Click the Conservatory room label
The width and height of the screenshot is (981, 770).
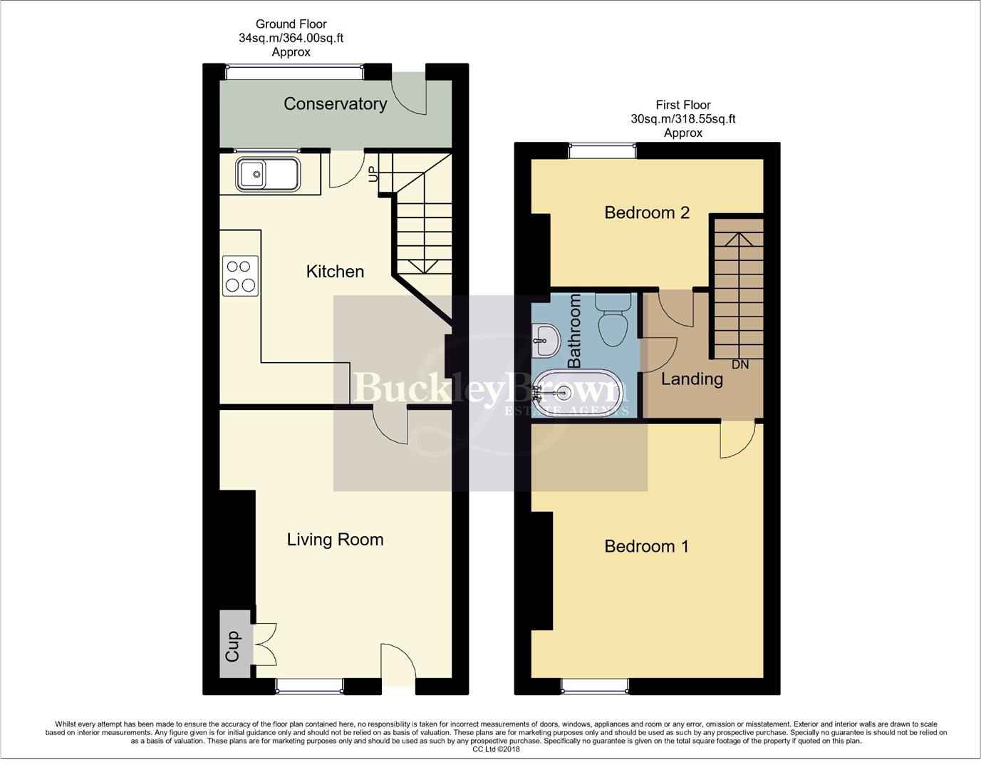[x=335, y=104]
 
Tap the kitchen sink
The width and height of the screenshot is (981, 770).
[x=267, y=175]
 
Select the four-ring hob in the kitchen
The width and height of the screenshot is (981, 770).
[x=240, y=276]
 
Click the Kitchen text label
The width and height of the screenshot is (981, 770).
[x=335, y=272]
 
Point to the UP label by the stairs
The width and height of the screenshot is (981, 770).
[x=372, y=174]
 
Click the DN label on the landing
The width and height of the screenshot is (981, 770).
[x=740, y=364]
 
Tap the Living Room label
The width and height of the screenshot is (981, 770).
[x=335, y=540]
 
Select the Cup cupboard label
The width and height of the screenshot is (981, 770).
[x=233, y=646]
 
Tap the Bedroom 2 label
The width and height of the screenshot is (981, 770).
[x=647, y=212]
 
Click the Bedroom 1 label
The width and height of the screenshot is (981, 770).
[x=646, y=547]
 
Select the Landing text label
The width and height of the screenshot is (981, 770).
[x=692, y=379]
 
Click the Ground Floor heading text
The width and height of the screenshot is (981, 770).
[x=291, y=24]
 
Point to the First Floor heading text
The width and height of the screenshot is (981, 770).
[x=682, y=105]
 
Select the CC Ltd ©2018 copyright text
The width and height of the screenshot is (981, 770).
[x=496, y=749]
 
